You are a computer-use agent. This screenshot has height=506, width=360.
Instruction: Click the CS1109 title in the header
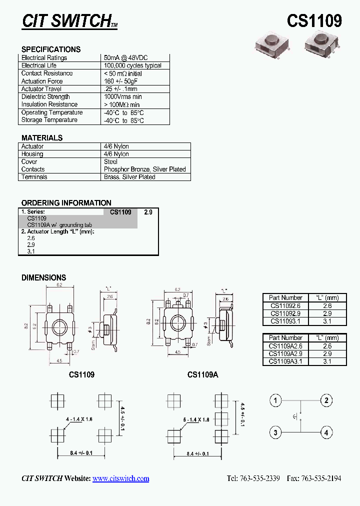tap(314, 21)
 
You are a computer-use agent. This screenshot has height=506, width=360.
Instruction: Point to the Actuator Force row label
tap(42, 81)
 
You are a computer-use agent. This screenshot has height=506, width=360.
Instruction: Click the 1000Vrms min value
tap(123, 96)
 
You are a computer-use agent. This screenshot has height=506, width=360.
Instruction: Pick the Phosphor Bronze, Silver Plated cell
tap(144, 169)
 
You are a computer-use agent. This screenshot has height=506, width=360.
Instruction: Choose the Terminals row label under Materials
tap(34, 177)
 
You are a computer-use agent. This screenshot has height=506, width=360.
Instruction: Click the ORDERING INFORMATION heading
tap(66, 203)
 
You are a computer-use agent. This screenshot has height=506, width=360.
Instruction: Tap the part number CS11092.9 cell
tap(286, 313)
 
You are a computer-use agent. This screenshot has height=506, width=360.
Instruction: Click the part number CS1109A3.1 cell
tap(286, 361)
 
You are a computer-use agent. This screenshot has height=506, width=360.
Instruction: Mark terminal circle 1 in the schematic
tap(275, 400)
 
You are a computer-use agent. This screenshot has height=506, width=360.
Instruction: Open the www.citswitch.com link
tap(120, 478)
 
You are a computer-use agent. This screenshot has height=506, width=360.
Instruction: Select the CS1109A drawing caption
tap(203, 374)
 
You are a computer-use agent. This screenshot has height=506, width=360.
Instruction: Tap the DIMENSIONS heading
tap(43, 277)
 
